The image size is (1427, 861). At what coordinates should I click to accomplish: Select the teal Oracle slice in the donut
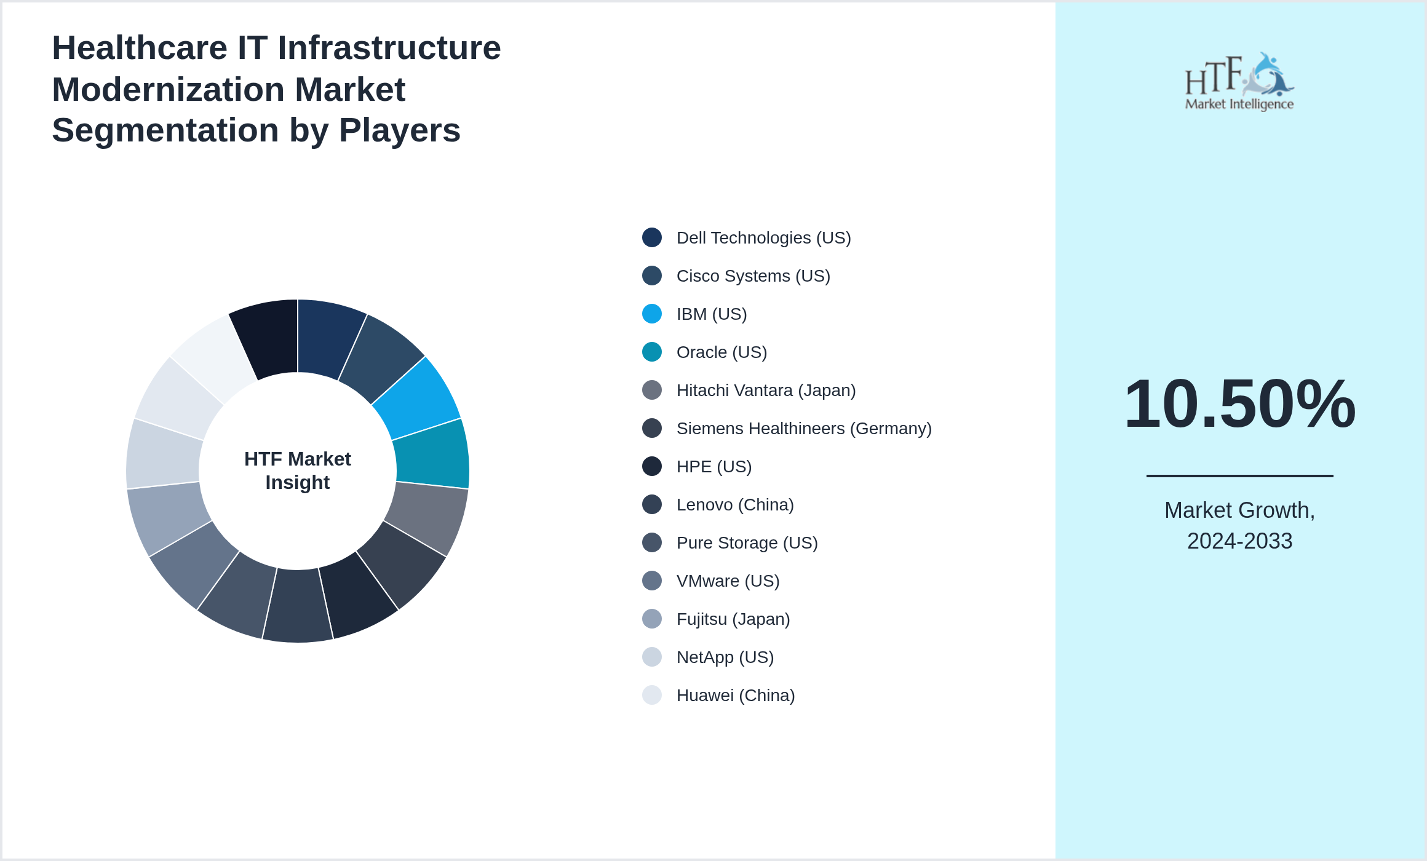pos(432,454)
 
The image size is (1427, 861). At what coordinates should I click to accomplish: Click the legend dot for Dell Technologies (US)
pos(652,237)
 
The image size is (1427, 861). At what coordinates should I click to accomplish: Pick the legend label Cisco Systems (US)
pos(753,276)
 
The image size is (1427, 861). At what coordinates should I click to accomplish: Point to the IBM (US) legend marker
pos(652,314)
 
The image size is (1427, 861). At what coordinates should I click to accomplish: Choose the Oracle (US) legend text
pos(721,352)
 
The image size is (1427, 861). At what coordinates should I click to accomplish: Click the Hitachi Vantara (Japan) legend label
pos(766,391)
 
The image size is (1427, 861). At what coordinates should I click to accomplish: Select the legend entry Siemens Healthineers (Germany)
pos(803,429)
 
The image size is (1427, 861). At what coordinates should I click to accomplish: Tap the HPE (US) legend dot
pos(652,466)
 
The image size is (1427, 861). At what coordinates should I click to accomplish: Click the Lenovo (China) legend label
pos(735,505)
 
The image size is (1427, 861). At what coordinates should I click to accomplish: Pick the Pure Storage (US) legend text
pos(747,543)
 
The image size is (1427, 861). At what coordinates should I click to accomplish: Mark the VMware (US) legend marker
pos(652,581)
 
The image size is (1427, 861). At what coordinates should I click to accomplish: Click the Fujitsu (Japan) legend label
pos(733,619)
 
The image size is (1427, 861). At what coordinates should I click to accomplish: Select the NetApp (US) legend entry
pos(725,657)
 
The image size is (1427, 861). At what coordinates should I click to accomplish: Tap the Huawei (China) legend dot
pos(652,695)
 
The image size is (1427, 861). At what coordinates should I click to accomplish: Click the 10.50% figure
pos(1239,404)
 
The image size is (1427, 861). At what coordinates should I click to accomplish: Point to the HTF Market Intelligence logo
pos(1239,82)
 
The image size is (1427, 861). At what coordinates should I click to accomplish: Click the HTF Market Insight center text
pos(298,470)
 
